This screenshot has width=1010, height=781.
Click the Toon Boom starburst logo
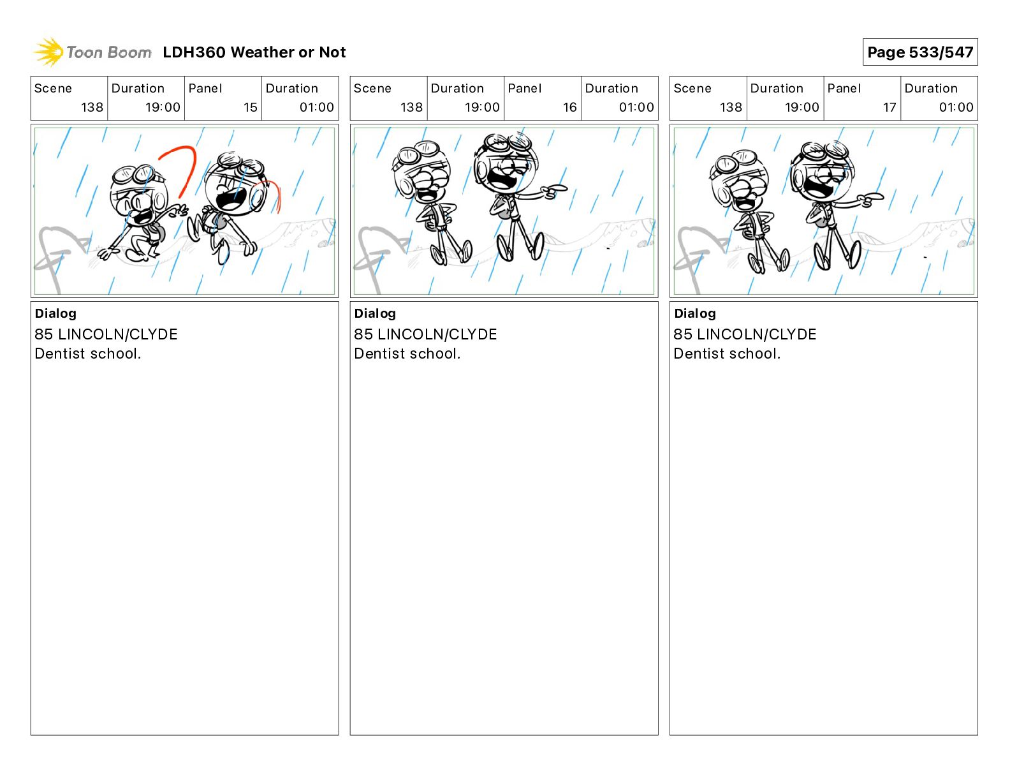pyautogui.click(x=48, y=52)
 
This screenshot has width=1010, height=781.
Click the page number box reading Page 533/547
pyautogui.click(x=920, y=52)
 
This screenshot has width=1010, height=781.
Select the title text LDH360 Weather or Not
pyautogui.click(x=254, y=52)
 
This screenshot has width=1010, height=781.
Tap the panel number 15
pyautogui.click(x=250, y=107)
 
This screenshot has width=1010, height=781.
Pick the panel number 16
pyautogui.click(x=570, y=107)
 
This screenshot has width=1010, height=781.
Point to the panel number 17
pyautogui.click(x=889, y=107)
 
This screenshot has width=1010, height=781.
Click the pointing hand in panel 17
pyautogui.click(x=870, y=199)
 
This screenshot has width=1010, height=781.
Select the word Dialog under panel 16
pyautogui.click(x=375, y=313)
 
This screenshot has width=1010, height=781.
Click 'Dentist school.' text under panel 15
pyautogui.click(x=87, y=353)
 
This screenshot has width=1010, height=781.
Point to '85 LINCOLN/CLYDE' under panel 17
pyautogui.click(x=745, y=334)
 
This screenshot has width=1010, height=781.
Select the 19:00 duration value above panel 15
pyautogui.click(x=162, y=107)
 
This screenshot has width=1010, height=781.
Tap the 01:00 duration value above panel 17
pyautogui.click(x=956, y=107)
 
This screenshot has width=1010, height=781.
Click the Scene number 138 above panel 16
pyautogui.click(x=411, y=107)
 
